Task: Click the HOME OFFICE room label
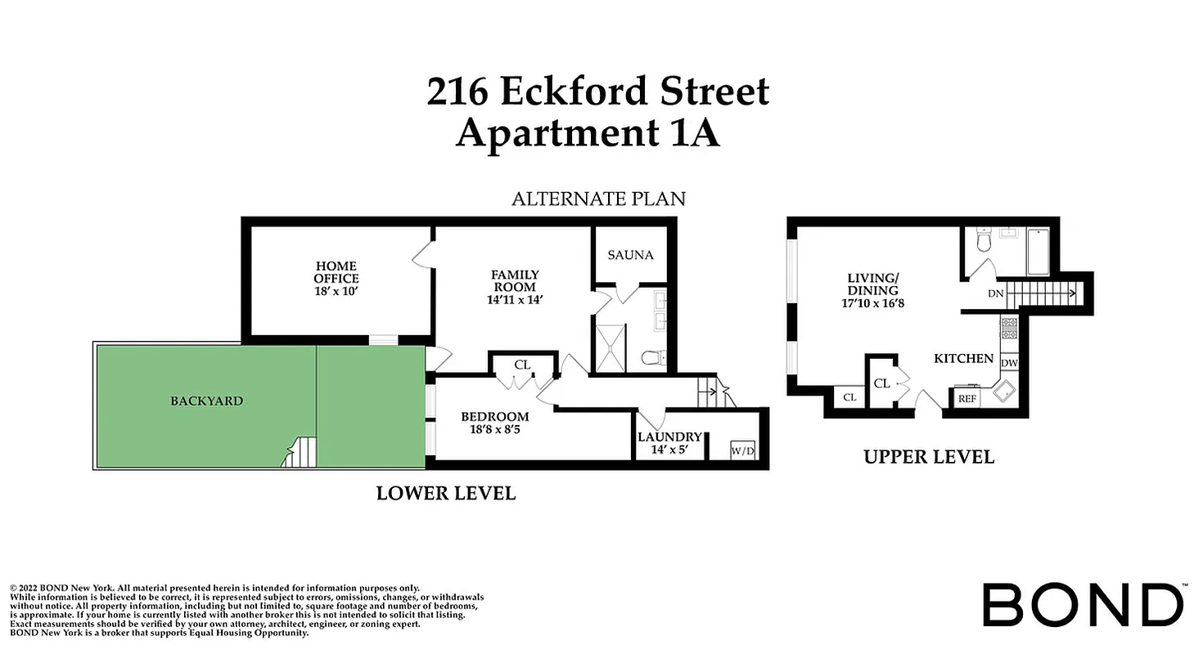click(336, 272)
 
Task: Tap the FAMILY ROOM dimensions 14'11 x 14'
click(515, 300)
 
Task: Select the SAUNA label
click(630, 255)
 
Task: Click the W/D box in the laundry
click(742, 450)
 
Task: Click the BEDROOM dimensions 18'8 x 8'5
click(494, 430)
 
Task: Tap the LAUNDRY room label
click(669, 437)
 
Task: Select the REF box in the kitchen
click(967, 399)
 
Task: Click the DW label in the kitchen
click(1008, 363)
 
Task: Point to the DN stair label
click(995, 293)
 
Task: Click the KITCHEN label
click(964, 358)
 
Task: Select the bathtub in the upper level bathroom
click(1037, 250)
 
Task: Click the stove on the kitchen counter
click(1008, 330)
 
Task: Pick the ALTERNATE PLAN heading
click(598, 199)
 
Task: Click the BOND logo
click(1084, 606)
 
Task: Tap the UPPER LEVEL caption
click(929, 457)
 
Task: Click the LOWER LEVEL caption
click(446, 493)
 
